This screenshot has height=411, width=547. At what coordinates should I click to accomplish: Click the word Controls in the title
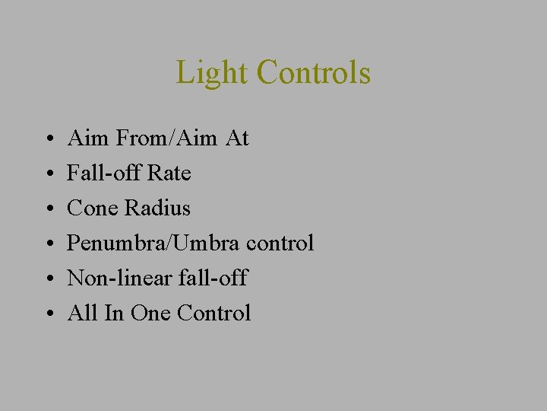[x=314, y=73]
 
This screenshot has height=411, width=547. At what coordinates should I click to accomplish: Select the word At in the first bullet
[x=237, y=139]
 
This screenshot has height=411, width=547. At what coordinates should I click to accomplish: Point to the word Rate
[x=169, y=174]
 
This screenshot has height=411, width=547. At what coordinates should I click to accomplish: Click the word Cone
[x=93, y=208]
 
